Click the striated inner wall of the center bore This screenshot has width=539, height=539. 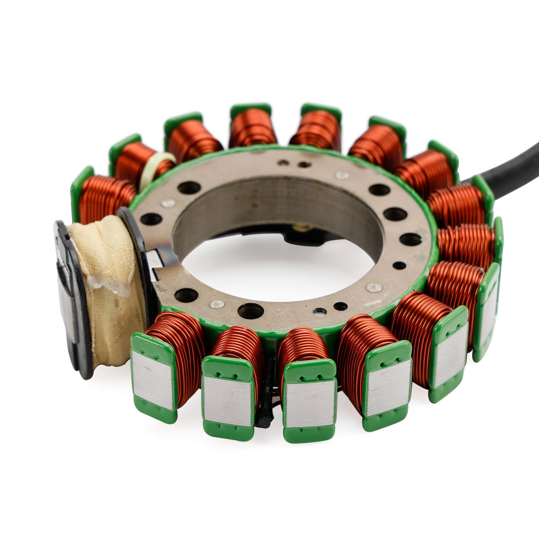[x=269, y=199]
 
